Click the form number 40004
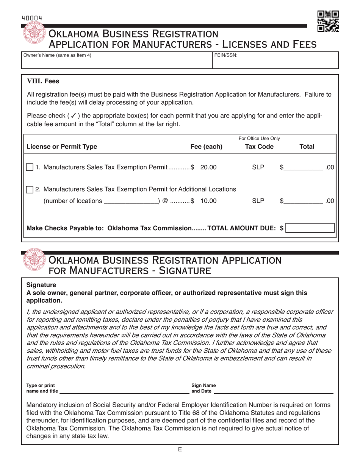point(32,18)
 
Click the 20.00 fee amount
point(208,167)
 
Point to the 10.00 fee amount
point(208,201)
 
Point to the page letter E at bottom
point(180,449)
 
